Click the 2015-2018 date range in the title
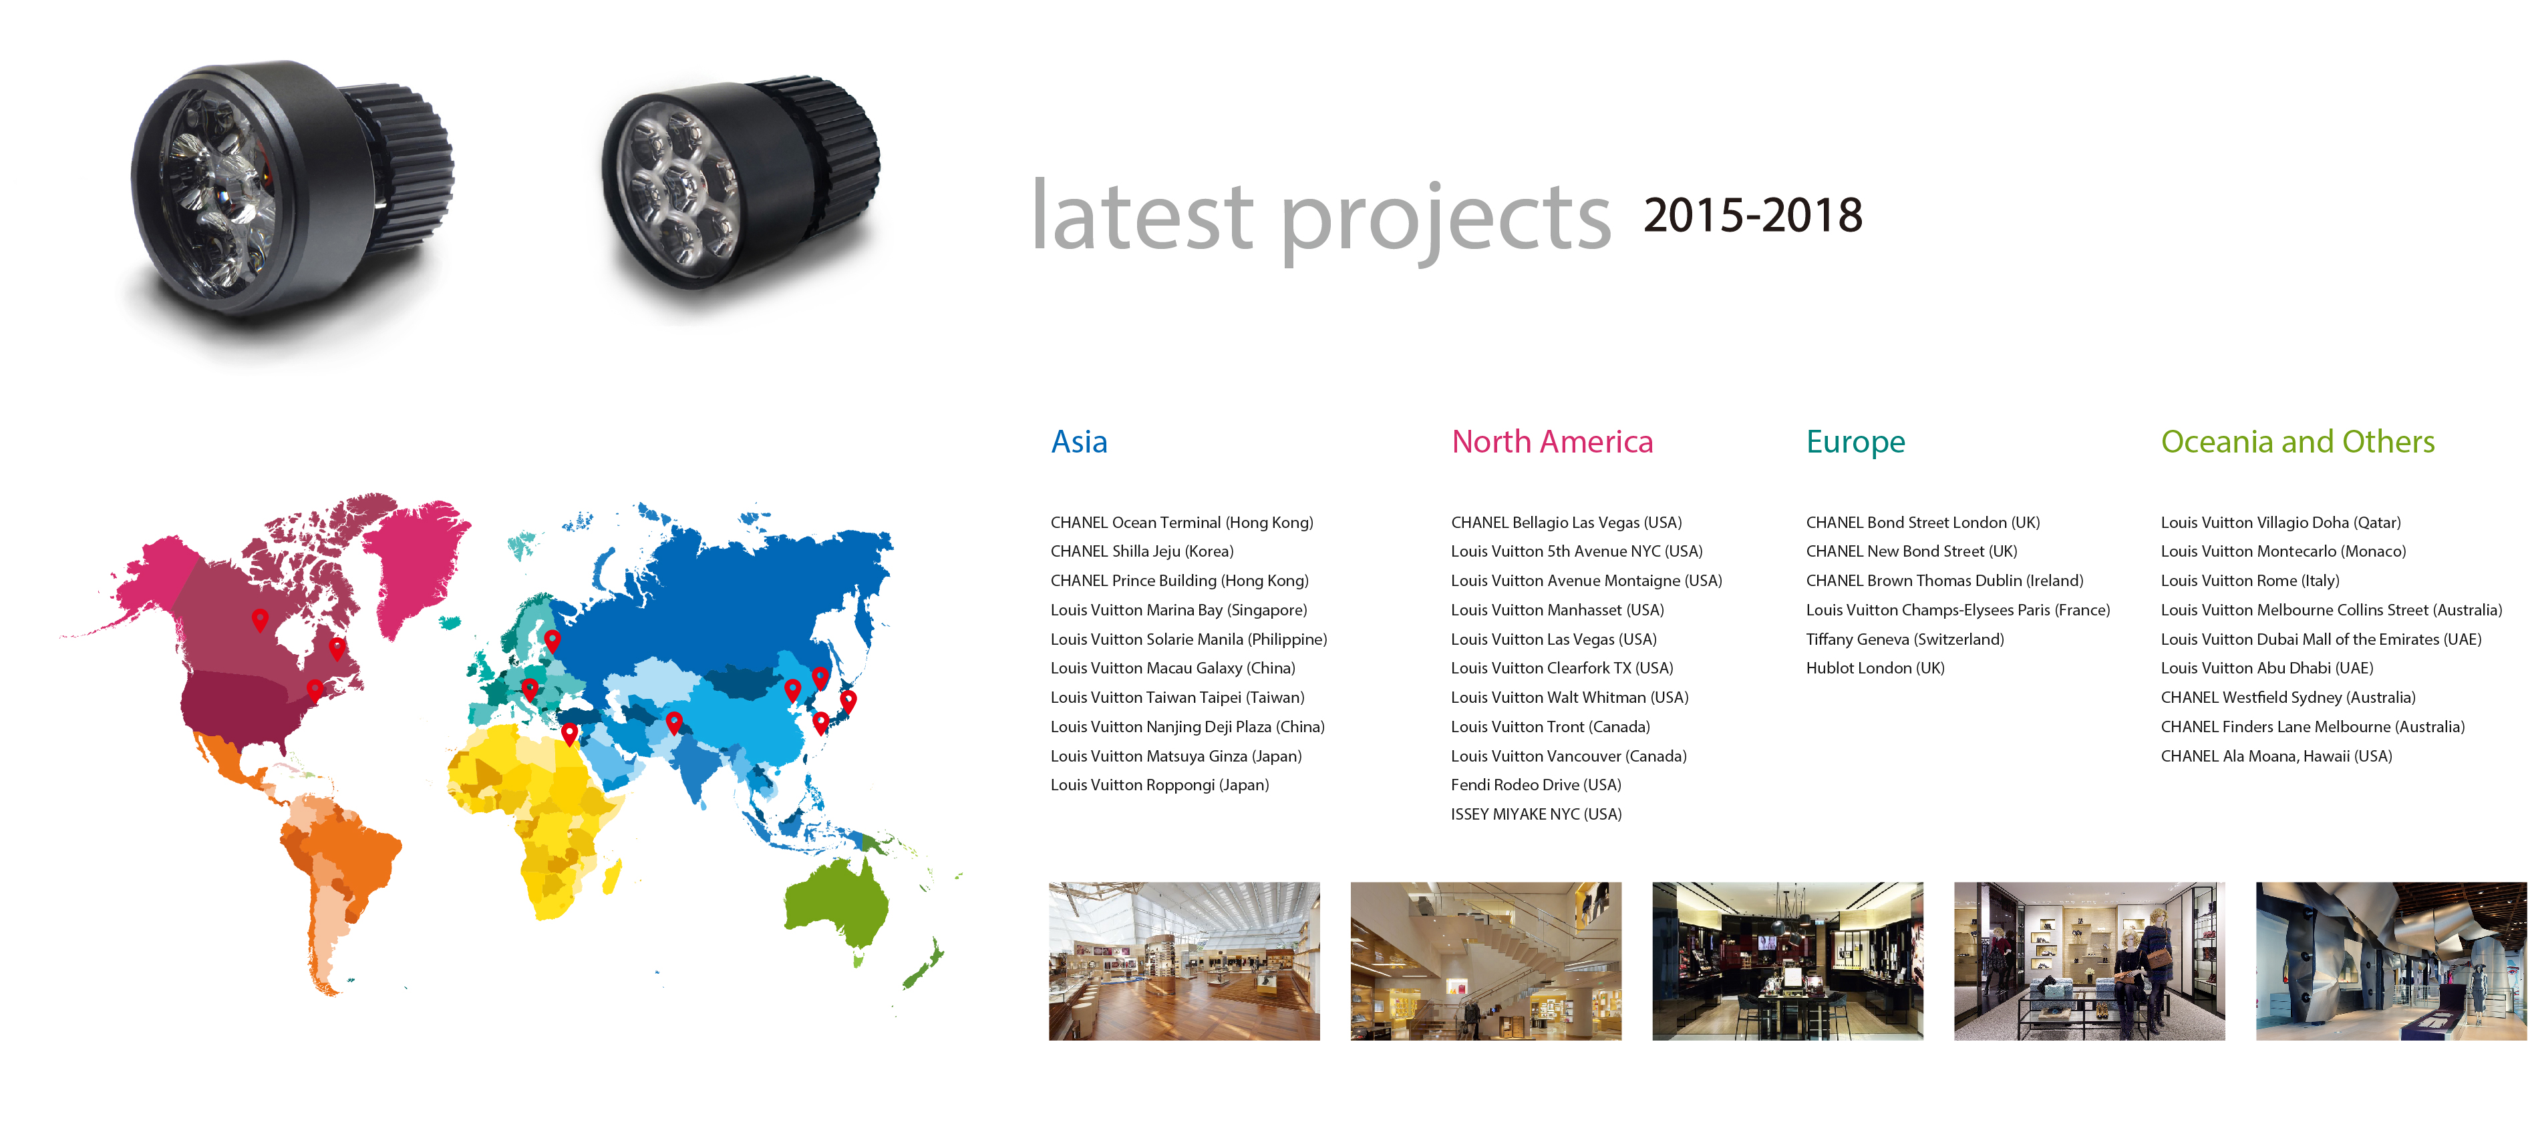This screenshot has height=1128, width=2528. click(x=1753, y=215)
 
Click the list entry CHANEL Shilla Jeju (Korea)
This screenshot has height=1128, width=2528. click(x=1141, y=551)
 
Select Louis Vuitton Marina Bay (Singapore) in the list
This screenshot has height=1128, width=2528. click(x=1178, y=610)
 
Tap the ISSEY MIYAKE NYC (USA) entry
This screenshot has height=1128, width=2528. click(x=1536, y=814)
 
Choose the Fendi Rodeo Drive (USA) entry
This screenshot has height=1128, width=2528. click(x=1536, y=785)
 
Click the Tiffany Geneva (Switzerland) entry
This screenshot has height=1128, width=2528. click(x=1905, y=639)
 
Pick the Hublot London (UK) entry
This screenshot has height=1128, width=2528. click(x=1875, y=668)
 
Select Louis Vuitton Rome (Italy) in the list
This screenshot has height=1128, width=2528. click(x=2249, y=581)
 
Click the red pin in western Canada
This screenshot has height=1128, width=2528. click(x=260, y=619)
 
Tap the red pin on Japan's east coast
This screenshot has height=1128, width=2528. click(x=848, y=700)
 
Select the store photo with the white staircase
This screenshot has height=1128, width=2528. click(x=1486, y=961)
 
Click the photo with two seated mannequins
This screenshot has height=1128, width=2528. click(x=2089, y=961)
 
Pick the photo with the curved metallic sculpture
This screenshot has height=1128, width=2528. click(x=2390, y=961)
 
